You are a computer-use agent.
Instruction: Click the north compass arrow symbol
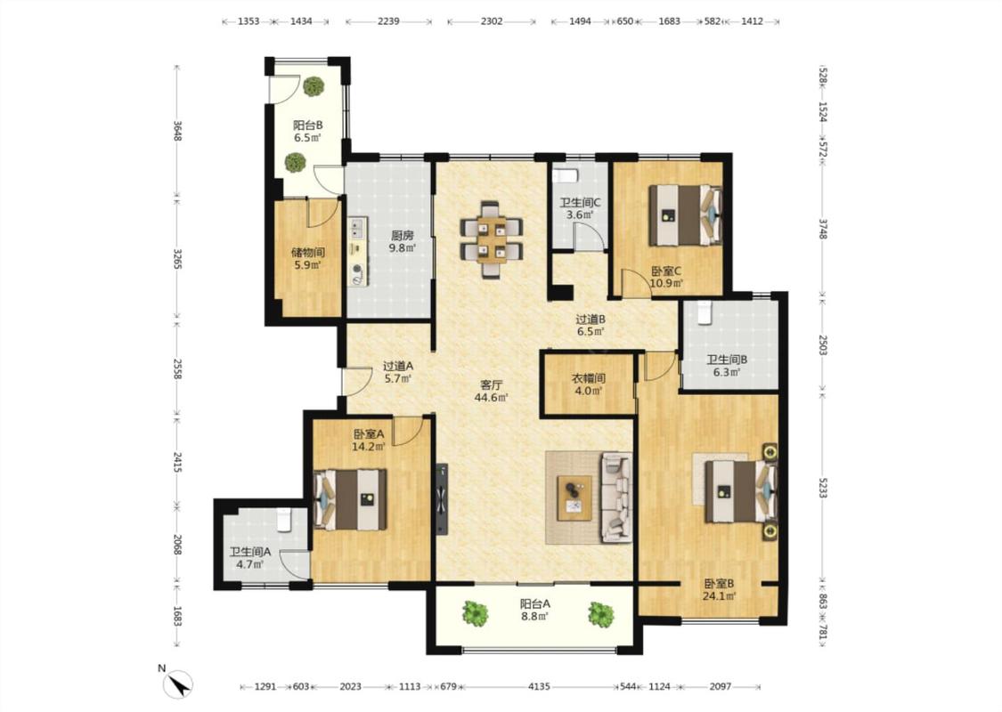point(178,684)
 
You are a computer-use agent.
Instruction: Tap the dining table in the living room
point(492,239)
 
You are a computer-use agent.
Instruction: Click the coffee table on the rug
point(574,498)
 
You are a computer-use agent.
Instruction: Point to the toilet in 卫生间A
point(284,520)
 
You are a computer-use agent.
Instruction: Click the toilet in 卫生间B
point(705,311)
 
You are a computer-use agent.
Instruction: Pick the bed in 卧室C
point(685,215)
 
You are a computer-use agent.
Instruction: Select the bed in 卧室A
point(350,499)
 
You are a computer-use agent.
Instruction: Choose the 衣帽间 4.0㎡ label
point(588,384)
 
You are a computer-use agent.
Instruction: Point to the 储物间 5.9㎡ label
point(308,258)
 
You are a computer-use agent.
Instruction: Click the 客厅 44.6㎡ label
point(492,392)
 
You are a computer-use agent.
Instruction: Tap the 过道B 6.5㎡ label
point(591,325)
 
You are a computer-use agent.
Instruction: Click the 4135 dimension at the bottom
point(539,686)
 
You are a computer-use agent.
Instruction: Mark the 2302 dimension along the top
point(492,21)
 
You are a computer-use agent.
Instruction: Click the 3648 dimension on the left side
point(177,130)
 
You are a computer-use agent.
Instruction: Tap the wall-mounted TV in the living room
point(441,499)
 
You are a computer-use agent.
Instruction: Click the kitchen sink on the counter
point(357,228)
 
